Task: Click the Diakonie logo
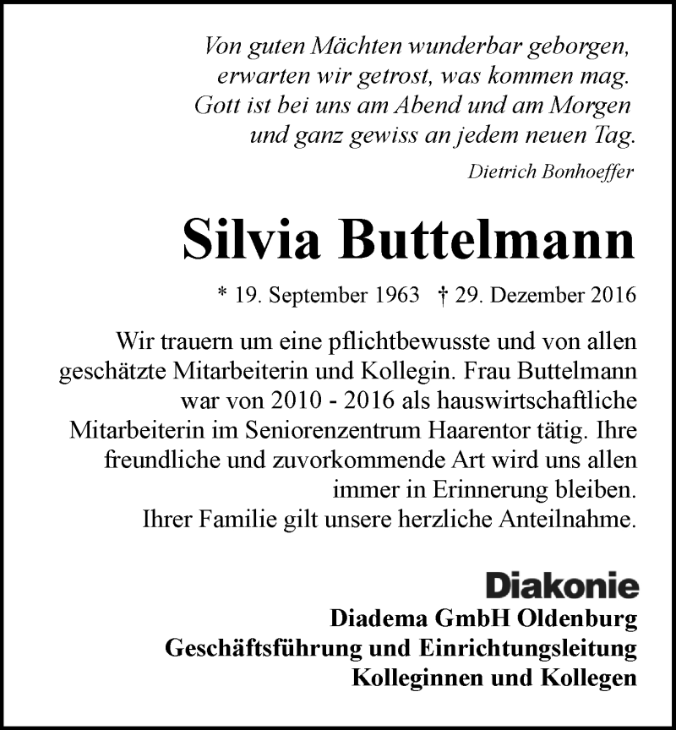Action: [561, 586]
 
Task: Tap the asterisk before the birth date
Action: [222, 297]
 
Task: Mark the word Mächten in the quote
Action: [322, 47]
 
